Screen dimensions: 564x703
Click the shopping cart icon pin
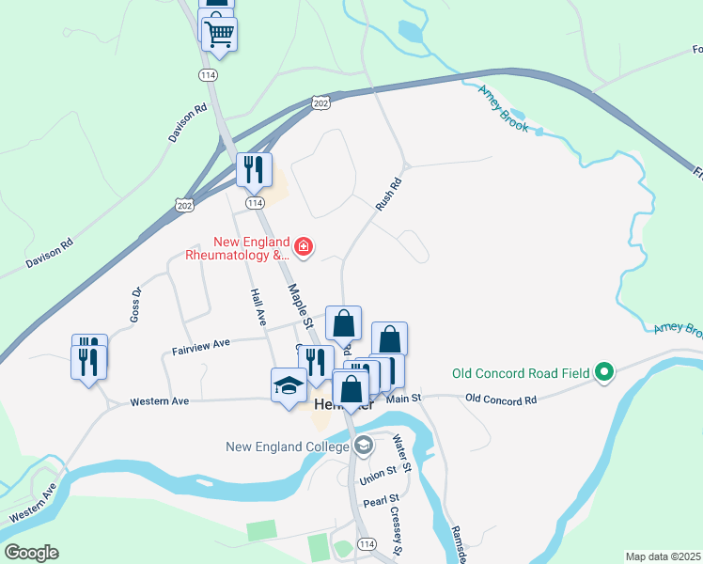(219, 35)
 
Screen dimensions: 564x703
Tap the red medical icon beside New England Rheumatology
(304, 248)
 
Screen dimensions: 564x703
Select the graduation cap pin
(289, 385)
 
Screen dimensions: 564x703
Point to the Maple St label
(300, 305)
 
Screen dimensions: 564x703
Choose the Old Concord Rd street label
(500, 399)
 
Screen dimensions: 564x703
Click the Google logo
(31, 552)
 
